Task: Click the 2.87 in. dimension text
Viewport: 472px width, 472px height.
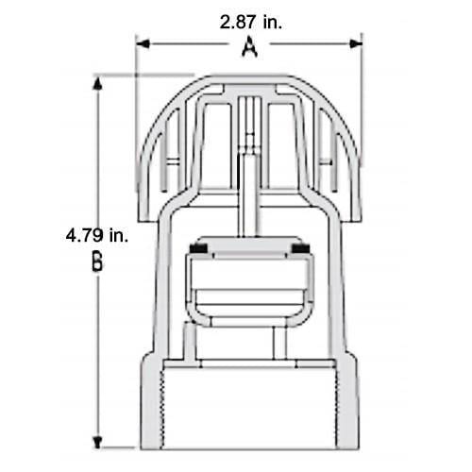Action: click(249, 20)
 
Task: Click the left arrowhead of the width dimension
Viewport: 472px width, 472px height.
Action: click(143, 42)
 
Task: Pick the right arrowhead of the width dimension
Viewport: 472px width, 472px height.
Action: click(356, 42)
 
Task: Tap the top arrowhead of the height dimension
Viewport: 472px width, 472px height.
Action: click(97, 82)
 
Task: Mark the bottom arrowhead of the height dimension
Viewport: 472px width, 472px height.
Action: click(97, 441)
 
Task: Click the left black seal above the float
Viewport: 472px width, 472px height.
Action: click(199, 248)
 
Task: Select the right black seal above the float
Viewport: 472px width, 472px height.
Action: click(301, 248)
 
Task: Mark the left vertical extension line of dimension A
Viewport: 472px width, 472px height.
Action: click(137, 57)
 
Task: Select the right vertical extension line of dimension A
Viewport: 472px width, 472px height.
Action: click(362, 57)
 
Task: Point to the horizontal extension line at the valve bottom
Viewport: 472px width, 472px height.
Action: click(118, 447)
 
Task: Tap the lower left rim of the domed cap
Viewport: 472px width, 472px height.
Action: click(144, 212)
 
